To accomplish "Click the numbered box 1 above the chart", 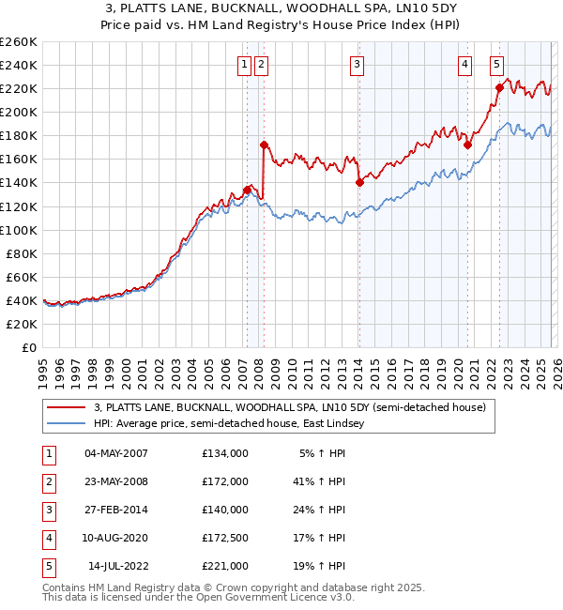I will tap(244, 65).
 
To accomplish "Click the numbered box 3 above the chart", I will tap(358, 65).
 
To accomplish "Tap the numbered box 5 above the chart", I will tap(496, 65).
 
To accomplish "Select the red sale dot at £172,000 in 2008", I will tap(265, 145).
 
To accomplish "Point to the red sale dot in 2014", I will tap(359, 183).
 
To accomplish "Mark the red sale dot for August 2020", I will tap(466, 145).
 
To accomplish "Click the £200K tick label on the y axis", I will tap(18, 112).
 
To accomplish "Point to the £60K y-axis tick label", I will tap(21, 277).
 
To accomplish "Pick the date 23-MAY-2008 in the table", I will tap(115, 481).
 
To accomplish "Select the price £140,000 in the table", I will tap(225, 510).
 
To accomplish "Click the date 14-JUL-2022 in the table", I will tap(119, 566).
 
